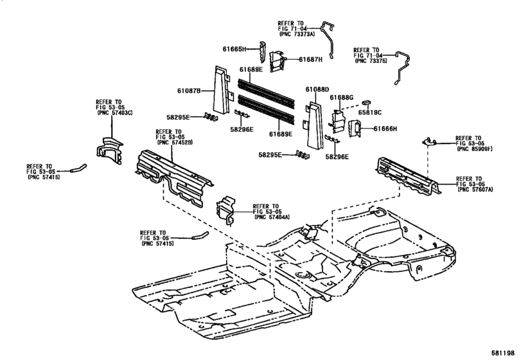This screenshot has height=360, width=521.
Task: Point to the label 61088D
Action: (x=317, y=89)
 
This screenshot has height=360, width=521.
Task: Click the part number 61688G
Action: (x=342, y=97)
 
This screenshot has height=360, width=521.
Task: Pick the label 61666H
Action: (x=386, y=129)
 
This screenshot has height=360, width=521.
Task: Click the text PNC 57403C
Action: (x=114, y=113)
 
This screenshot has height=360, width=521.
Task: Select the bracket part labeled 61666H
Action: (x=355, y=129)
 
